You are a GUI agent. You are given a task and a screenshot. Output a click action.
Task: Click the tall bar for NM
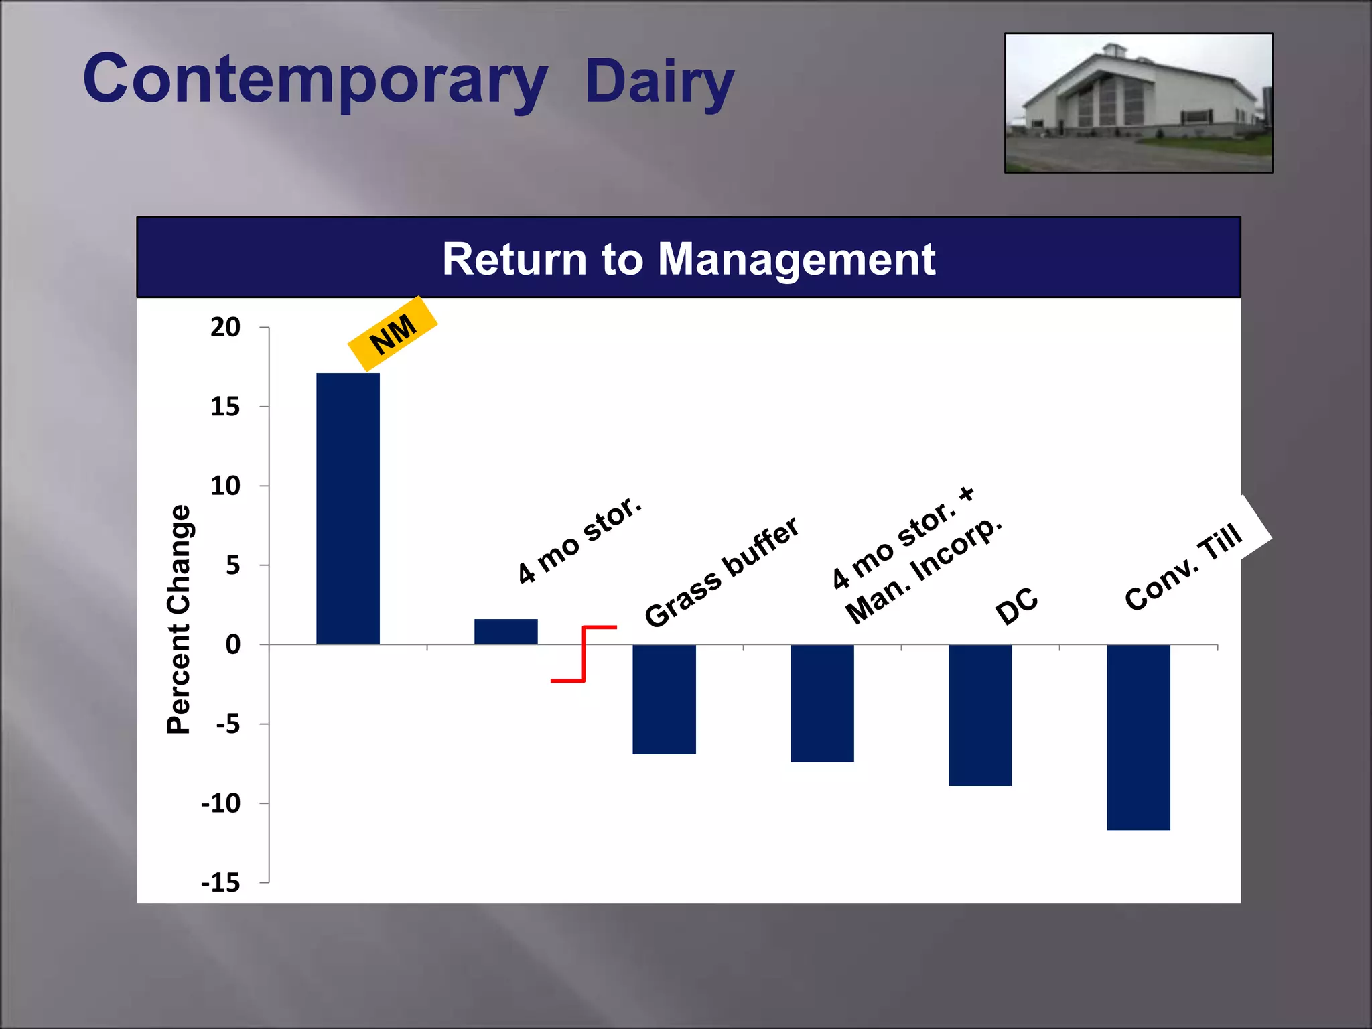(x=348, y=509)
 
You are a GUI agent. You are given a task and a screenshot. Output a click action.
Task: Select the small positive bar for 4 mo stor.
(x=506, y=632)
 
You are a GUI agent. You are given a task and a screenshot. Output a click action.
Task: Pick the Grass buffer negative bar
(x=664, y=699)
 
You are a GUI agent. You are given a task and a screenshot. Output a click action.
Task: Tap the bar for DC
(x=980, y=715)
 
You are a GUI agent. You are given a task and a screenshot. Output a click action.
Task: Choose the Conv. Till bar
(x=1138, y=737)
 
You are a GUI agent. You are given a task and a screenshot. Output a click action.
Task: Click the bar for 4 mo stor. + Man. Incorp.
(x=822, y=703)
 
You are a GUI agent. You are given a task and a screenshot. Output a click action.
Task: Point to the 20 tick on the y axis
(x=225, y=328)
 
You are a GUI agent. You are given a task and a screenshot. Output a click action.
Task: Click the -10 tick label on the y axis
(x=221, y=803)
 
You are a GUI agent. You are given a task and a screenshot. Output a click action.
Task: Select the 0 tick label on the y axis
(x=232, y=644)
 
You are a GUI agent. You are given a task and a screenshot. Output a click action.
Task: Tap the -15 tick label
(x=221, y=883)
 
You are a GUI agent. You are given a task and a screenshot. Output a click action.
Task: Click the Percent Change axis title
(x=179, y=619)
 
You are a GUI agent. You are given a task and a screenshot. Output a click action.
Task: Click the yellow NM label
(x=393, y=334)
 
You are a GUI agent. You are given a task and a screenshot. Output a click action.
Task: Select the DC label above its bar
(x=1016, y=606)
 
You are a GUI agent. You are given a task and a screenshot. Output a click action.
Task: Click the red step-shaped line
(x=584, y=654)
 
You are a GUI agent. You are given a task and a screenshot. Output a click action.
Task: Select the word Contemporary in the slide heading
(x=315, y=79)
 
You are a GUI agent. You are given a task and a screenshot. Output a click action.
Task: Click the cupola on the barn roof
(x=1114, y=50)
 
